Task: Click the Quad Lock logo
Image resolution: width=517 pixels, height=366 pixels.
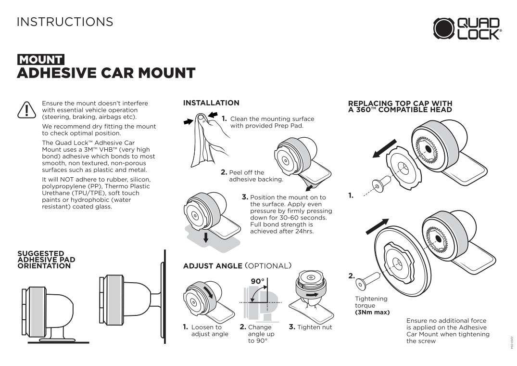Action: point(467,28)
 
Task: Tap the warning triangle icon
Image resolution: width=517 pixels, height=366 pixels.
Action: point(27,110)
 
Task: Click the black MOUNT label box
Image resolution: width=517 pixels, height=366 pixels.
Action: point(40,60)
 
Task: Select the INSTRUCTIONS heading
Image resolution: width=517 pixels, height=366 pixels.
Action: point(65,22)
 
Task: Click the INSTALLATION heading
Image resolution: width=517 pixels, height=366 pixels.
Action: point(211,103)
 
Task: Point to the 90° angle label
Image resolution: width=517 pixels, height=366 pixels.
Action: point(257,281)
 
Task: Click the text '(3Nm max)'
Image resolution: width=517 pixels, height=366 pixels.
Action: point(372,312)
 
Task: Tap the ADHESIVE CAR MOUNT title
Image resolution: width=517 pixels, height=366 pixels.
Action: point(106,73)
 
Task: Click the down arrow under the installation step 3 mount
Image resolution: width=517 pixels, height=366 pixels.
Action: point(206,238)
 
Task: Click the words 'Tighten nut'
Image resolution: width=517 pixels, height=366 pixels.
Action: point(315,327)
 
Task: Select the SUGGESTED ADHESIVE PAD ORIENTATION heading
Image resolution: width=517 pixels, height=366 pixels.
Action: point(46,259)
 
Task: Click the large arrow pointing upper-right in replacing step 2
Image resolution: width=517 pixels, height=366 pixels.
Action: point(377,226)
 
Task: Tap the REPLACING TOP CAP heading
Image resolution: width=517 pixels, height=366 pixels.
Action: point(400,106)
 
